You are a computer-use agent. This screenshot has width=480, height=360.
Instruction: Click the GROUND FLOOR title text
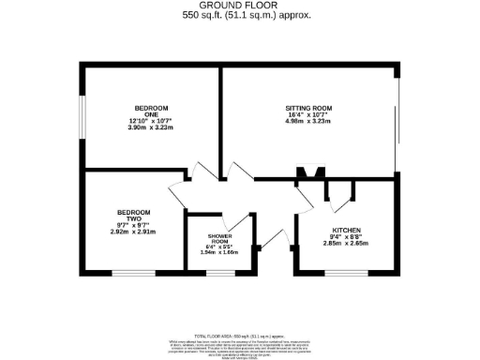(x=239, y=6)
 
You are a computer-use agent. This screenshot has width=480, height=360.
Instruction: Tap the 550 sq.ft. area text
(x=239, y=15)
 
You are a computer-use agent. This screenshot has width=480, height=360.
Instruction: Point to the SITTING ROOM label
(x=308, y=109)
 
